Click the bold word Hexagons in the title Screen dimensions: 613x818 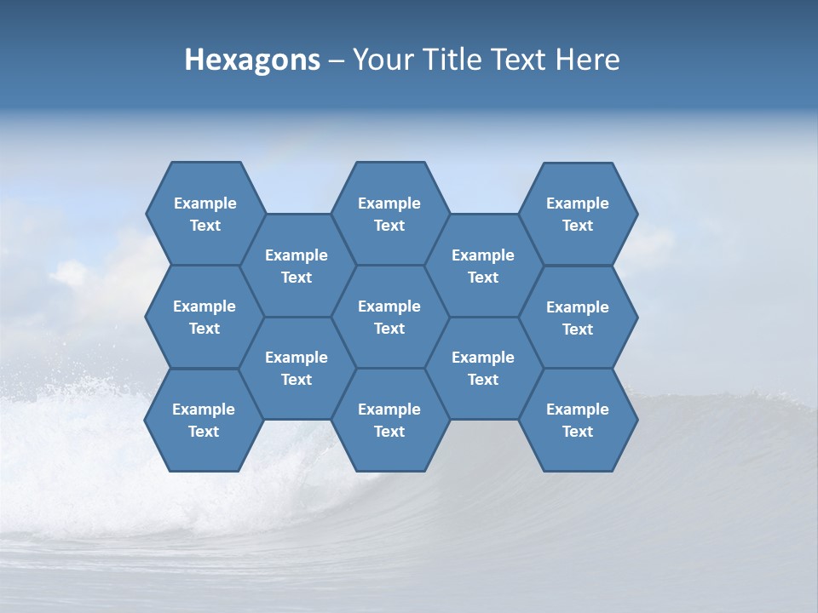click(x=252, y=60)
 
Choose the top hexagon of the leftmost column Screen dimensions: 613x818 click(x=204, y=214)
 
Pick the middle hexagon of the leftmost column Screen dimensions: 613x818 click(x=204, y=317)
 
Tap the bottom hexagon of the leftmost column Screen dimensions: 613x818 click(x=204, y=420)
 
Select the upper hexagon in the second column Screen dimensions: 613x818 click(x=297, y=266)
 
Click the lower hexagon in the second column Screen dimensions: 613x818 click(x=297, y=368)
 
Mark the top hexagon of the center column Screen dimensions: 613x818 click(x=389, y=214)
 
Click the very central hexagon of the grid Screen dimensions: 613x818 click(x=389, y=317)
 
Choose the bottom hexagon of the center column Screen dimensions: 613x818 click(x=389, y=420)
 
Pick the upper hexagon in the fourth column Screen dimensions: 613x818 click(x=483, y=266)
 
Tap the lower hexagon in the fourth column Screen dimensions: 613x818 click(x=483, y=368)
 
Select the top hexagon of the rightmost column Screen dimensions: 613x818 click(x=578, y=214)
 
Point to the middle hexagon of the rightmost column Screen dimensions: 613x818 click(x=578, y=318)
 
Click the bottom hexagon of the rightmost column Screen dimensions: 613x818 click(x=578, y=420)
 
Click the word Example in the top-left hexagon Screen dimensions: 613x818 click(x=204, y=203)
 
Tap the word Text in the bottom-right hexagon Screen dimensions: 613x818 click(x=578, y=432)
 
